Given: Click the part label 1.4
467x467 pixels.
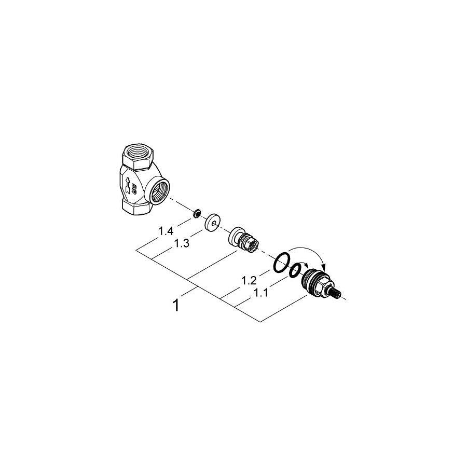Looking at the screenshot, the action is pyautogui.click(x=166, y=230).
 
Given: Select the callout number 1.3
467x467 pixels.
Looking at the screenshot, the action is pyautogui.click(x=182, y=243).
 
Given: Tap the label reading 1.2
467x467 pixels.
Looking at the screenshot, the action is pyautogui.click(x=249, y=280).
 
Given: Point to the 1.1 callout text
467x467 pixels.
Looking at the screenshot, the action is pyautogui.click(x=260, y=293).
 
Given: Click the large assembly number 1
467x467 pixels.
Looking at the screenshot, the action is pyautogui.click(x=176, y=306).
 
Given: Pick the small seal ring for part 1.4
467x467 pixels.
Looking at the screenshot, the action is pyautogui.click(x=196, y=213).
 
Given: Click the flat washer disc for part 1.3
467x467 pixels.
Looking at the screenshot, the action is pyautogui.click(x=212, y=222).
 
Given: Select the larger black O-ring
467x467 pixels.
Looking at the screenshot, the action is pyautogui.click(x=281, y=262).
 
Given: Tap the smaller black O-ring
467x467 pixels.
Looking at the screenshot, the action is pyautogui.click(x=295, y=270).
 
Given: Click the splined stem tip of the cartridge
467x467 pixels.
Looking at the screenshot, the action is pyautogui.click(x=336, y=293).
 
